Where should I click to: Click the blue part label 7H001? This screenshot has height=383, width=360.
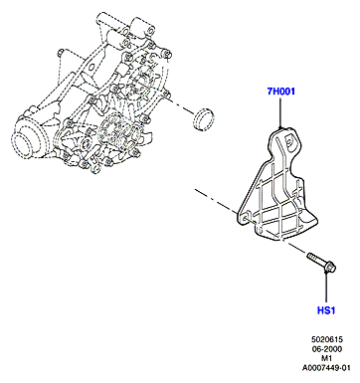tap(281, 91)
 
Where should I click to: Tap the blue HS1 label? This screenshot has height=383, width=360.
tap(326, 310)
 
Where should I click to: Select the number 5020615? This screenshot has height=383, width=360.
tap(326, 339)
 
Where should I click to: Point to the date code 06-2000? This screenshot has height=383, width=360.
tap(326, 349)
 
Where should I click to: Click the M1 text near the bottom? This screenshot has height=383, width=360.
tap(327, 358)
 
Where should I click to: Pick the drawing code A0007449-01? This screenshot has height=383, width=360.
tap(326, 368)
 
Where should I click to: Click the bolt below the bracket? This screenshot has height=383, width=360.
tap(322, 263)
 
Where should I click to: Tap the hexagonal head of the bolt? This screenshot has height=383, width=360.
tap(330, 268)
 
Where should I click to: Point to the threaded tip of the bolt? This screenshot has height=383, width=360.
tap(310, 256)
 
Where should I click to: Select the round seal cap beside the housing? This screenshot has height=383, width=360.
tap(203, 119)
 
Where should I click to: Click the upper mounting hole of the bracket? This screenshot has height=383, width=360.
tap(288, 142)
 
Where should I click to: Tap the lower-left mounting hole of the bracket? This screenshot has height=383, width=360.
tap(245, 219)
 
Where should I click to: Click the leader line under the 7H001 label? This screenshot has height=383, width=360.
tap(280, 112)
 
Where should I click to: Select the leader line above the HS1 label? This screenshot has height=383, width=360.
tap(326, 287)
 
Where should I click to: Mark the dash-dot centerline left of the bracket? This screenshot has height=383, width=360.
tap(217, 201)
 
